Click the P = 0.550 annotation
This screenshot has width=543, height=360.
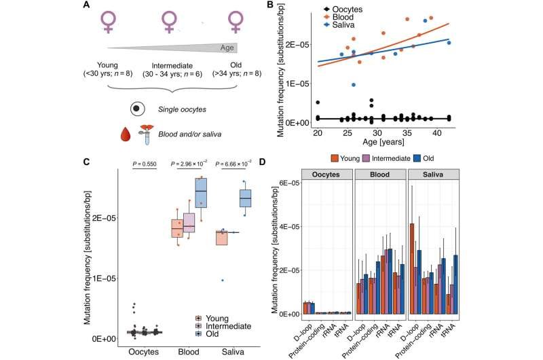pos(151,163)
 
